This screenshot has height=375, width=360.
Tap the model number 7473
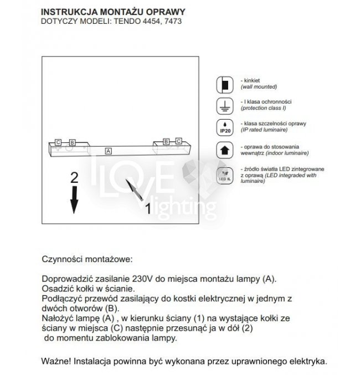(173, 22)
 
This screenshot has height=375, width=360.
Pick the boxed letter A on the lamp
(109, 150)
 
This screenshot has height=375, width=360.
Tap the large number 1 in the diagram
(147, 209)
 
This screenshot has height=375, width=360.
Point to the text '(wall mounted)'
(259, 88)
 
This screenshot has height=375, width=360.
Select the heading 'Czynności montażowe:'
(87, 259)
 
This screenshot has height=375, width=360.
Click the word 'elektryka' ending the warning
(307, 361)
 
